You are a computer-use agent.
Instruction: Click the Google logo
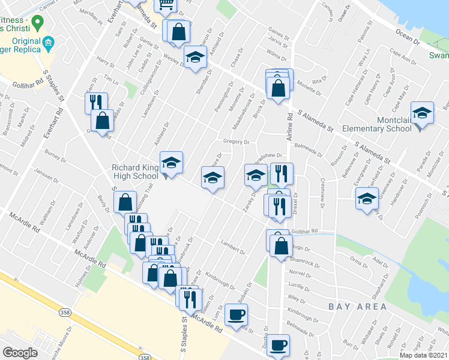(x=20, y=353)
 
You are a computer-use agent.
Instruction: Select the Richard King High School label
(x=134, y=172)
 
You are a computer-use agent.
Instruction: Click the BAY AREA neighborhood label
(x=358, y=307)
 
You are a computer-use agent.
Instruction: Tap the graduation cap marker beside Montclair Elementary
(x=422, y=113)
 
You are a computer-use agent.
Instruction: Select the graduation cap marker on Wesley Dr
(x=194, y=57)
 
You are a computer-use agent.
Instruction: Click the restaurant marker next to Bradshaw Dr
(x=282, y=174)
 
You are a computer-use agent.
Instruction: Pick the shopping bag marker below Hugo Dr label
(x=281, y=245)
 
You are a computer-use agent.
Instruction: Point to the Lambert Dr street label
(x=234, y=247)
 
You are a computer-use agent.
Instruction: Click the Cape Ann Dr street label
(x=404, y=60)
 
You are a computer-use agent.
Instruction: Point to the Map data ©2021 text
(x=423, y=355)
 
